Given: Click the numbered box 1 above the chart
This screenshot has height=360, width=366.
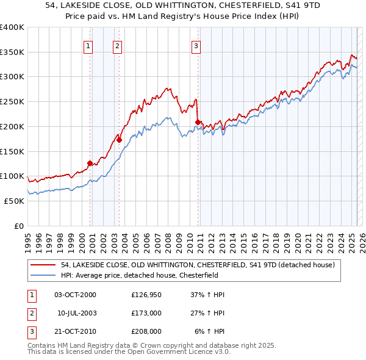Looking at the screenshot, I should pos(88,45).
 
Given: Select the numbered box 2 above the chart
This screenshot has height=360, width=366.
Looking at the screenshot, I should pos(117,45).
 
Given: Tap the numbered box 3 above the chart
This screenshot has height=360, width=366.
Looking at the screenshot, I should pos(196,45).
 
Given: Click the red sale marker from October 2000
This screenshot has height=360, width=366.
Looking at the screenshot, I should pos(90,163).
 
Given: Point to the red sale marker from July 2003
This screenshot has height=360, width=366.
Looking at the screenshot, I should pos(120,140).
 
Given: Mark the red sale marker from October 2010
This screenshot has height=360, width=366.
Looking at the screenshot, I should pos(198,123).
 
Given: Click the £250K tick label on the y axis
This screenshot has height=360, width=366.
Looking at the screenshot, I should pos(12,102).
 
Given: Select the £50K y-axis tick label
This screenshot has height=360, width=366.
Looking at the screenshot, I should pos(14,201).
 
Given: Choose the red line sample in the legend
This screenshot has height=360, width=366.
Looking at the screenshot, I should pos(44,265).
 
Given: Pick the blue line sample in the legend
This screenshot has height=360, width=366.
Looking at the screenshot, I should pos(44,275).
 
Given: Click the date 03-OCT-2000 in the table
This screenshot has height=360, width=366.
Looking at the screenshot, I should pos(75,295).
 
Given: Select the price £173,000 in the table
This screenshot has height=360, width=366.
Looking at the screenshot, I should pos(146,313).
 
